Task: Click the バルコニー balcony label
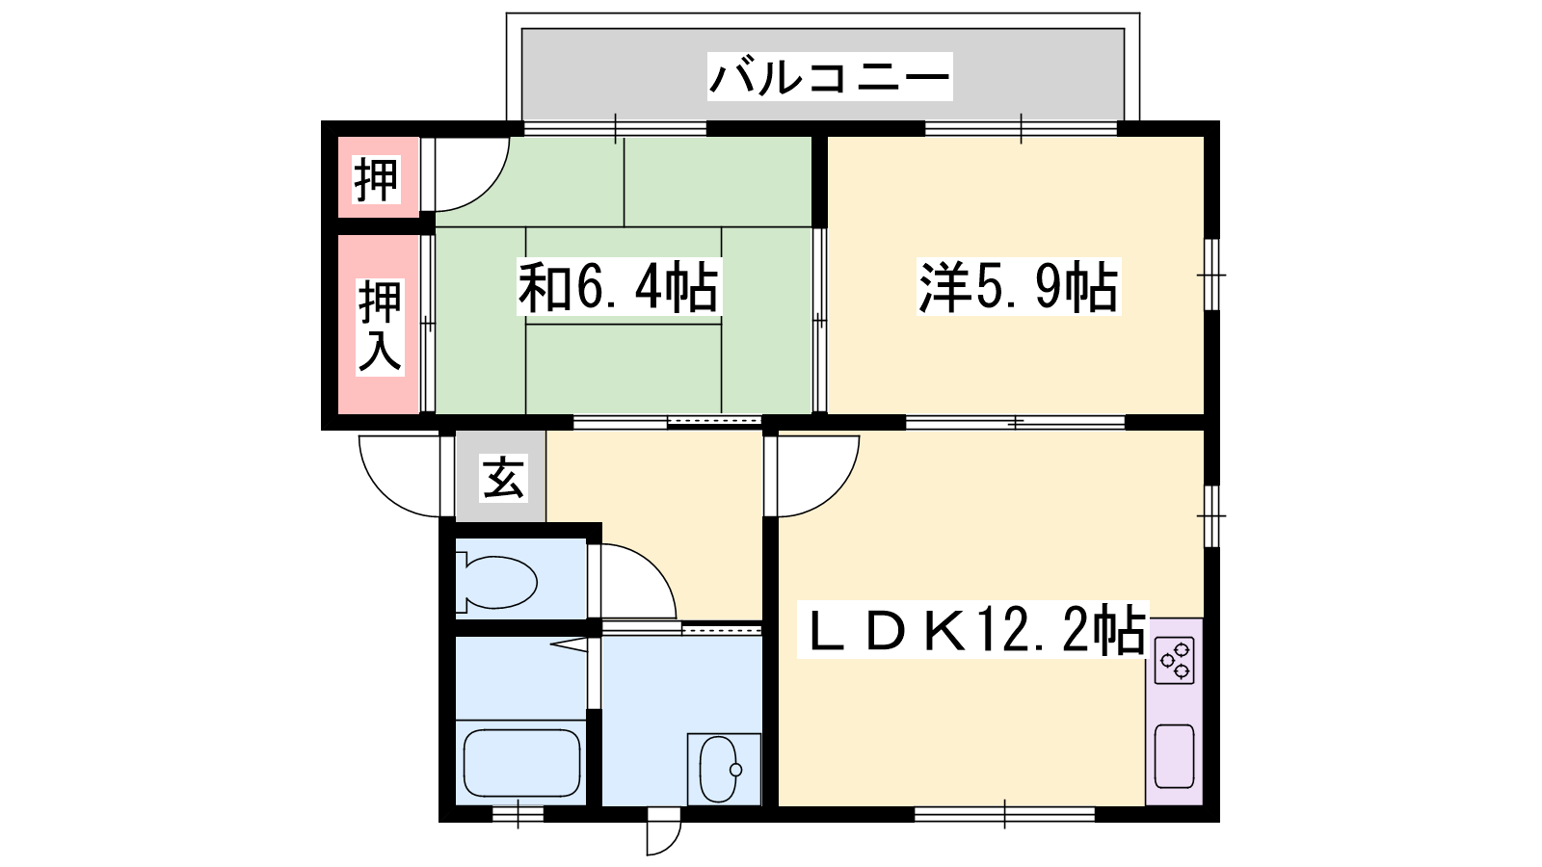[830, 76]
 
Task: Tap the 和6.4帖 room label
[618, 286]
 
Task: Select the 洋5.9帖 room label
[1018, 286]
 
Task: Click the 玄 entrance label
[503, 477]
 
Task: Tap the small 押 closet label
[377, 179]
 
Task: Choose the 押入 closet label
[380, 327]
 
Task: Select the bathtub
[521, 763]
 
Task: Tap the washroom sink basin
[720, 770]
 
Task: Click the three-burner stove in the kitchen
[1175, 660]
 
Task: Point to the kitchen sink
[1175, 755]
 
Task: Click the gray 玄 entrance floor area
[501, 476]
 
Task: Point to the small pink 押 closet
[378, 177]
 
